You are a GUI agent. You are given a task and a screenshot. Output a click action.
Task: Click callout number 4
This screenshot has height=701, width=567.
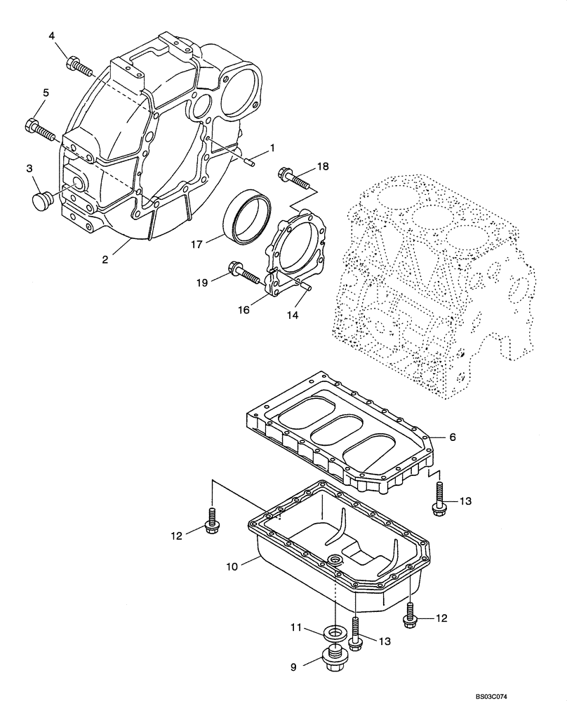tap(53, 35)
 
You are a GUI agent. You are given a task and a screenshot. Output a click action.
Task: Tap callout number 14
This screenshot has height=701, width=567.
tap(291, 315)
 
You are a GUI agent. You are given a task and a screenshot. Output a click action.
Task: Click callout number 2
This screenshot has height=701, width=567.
tap(105, 259)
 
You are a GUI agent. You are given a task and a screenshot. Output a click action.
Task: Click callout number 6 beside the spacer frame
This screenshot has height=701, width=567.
tap(453, 437)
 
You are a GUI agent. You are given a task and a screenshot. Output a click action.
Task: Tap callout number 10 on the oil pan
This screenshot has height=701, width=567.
tap(233, 562)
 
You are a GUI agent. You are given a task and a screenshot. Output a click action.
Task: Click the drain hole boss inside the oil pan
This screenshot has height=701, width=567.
tap(335, 559)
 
